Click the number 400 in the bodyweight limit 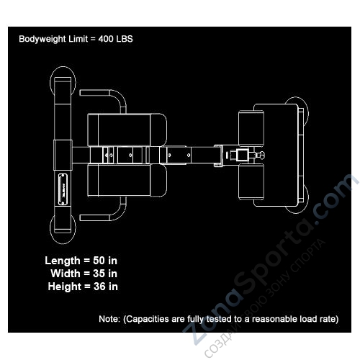(105, 39)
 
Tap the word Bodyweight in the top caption (42, 39)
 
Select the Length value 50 (99, 261)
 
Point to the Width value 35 (99, 274)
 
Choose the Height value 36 (99, 287)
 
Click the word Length (63, 261)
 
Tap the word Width (66, 274)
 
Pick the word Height (64, 287)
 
